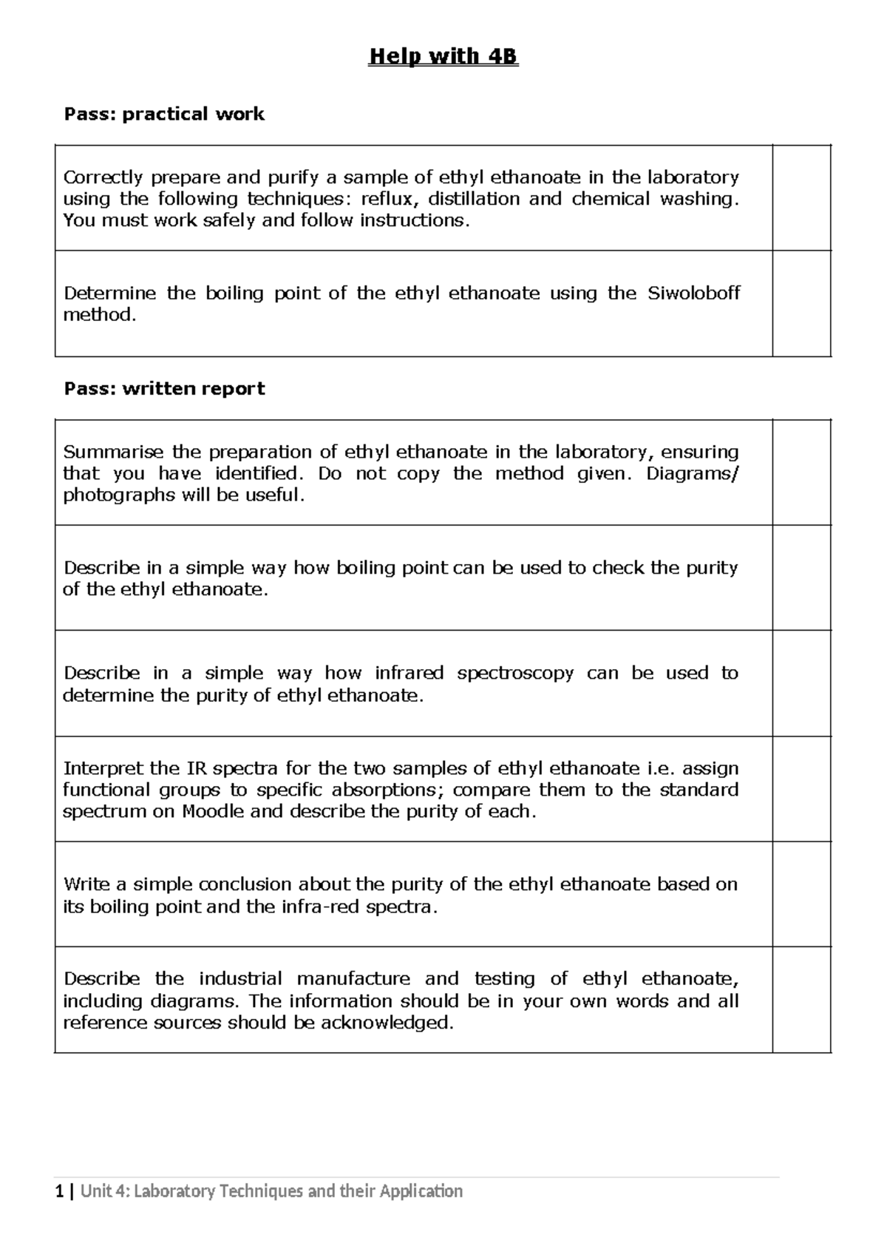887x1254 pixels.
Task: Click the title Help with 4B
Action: click(443, 57)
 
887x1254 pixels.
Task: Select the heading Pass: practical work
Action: click(164, 114)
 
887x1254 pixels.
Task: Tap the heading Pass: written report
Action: click(164, 389)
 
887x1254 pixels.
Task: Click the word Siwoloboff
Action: click(693, 294)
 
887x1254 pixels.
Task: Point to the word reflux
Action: click(390, 199)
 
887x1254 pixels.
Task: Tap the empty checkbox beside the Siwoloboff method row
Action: click(801, 304)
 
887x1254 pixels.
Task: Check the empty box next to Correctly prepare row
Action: click(801, 198)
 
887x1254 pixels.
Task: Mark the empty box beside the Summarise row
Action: click(801, 472)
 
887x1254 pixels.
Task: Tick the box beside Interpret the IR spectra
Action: click(801, 789)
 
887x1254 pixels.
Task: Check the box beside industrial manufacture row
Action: click(801, 1000)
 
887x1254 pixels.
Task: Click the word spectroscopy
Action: click(514, 674)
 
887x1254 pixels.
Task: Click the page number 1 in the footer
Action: click(59, 1191)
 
